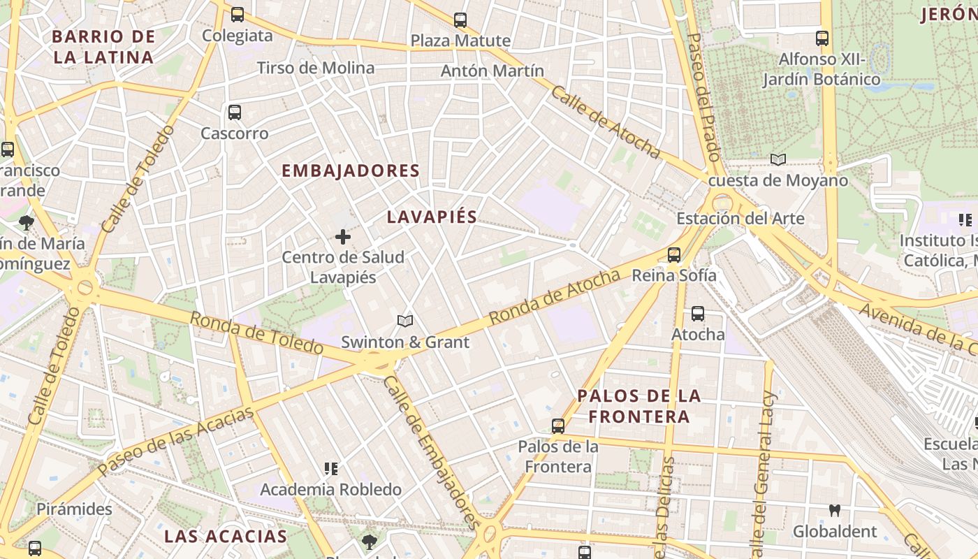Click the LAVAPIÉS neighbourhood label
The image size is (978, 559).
coord(432,217)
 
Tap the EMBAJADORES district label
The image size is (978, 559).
coord(351,170)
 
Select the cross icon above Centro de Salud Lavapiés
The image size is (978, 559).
coord(343,237)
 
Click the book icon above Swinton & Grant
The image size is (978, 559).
coord(405,321)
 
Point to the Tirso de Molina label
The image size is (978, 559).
coord(316,68)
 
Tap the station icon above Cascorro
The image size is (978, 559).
coord(235,112)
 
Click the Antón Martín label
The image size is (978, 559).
coord(492,71)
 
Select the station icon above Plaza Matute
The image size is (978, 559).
coord(460,20)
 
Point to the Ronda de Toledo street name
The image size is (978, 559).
coord(256,333)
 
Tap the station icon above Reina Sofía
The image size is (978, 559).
coord(674,255)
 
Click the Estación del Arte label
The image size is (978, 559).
coord(740,219)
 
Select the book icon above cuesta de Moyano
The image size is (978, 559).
coord(778,159)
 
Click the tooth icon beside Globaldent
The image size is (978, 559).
coord(834,510)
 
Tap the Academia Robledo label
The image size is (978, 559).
coord(330,489)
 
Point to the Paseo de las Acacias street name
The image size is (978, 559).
coord(175,442)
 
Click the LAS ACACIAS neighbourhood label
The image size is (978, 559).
coord(226,537)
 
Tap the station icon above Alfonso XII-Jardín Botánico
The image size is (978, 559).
coord(822,38)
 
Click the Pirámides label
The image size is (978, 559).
coord(74,509)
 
